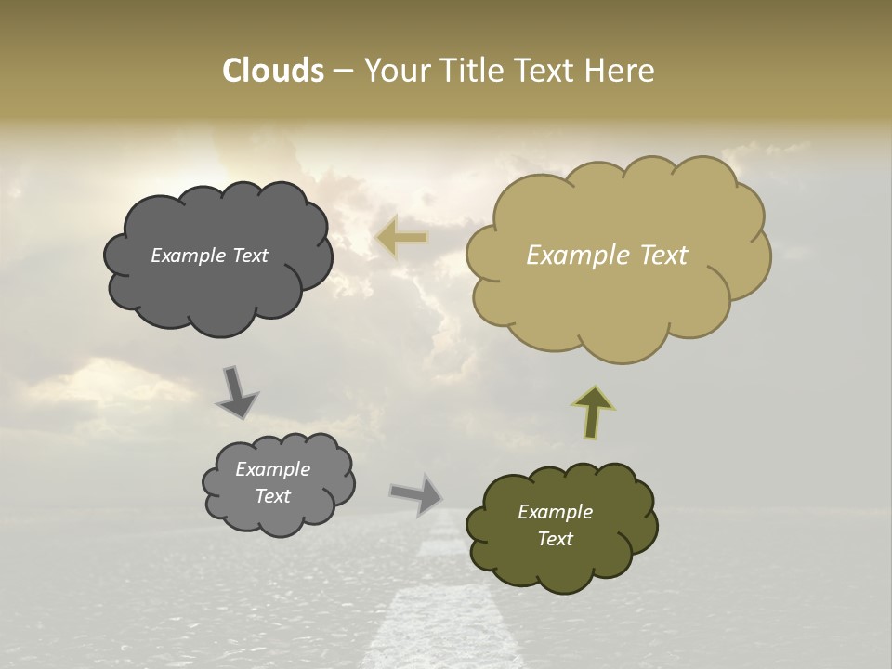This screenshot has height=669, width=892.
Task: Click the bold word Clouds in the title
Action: [272, 71]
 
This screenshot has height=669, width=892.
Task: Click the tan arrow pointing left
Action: [402, 238]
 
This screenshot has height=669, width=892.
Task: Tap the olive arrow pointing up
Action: [592, 411]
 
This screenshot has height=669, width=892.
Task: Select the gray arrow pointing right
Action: [416, 493]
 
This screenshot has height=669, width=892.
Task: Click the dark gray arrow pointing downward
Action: [237, 391]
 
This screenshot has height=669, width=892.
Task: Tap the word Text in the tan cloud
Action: [663, 255]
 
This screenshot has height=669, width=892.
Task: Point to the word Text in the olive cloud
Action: [555, 539]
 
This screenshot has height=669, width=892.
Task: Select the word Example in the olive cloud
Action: [555, 512]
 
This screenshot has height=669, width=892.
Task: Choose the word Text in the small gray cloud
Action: [272, 496]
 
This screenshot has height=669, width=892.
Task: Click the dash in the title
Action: [342, 72]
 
